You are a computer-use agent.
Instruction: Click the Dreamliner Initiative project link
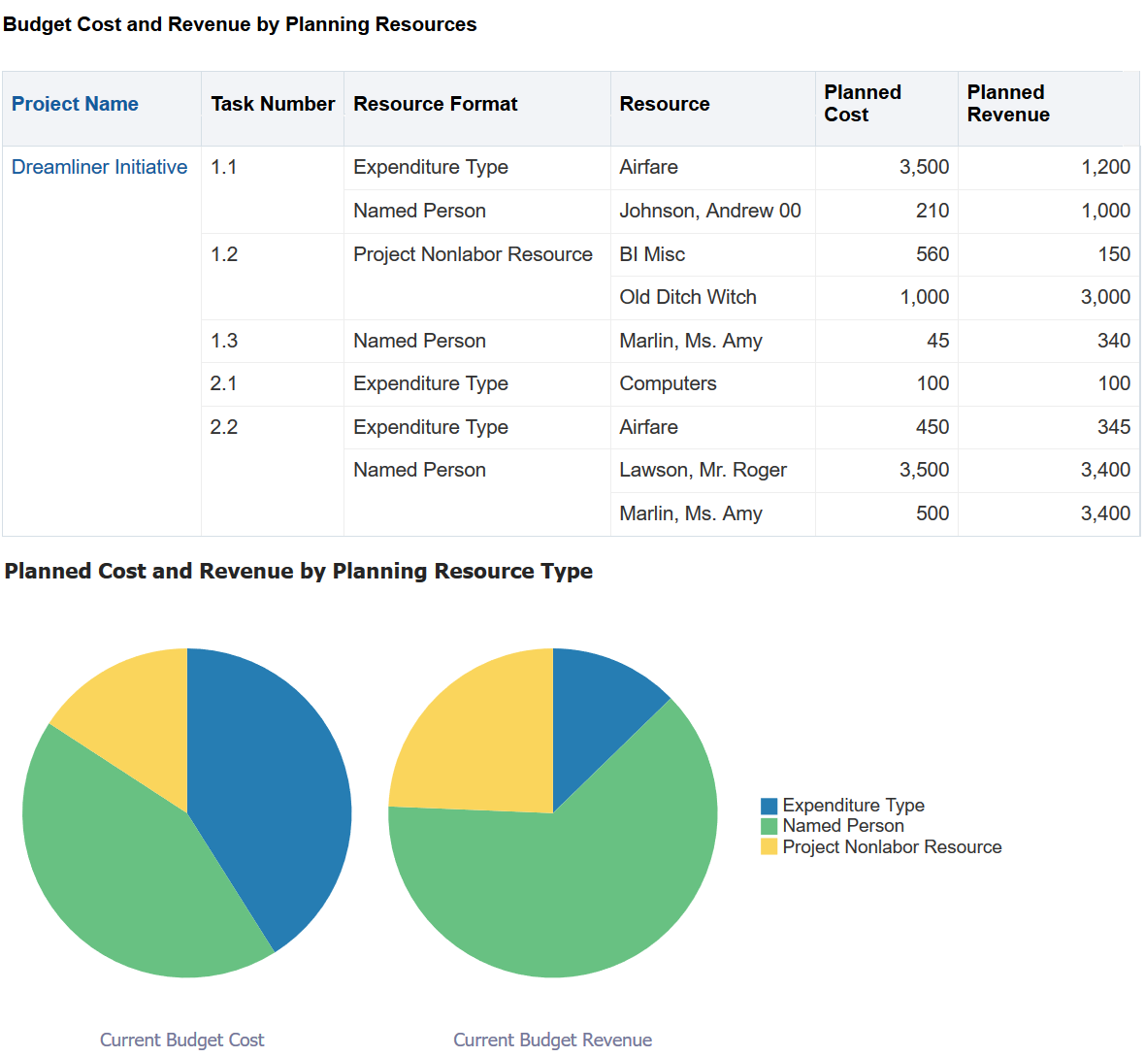99,167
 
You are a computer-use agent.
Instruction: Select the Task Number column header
273,104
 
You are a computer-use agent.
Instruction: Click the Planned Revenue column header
1008,104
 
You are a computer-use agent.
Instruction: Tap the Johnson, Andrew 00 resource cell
710,211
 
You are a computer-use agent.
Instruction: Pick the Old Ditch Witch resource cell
688,297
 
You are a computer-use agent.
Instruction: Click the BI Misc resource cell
652,254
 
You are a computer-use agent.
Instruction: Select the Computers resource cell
668,383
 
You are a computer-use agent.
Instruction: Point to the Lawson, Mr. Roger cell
703,470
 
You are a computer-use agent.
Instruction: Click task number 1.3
224,341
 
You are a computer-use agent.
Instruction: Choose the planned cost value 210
932,211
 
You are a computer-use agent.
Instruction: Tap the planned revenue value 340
1114,341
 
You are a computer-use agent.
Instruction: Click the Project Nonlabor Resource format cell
473,254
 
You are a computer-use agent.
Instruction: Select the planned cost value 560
932,254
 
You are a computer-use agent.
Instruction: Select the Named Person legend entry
843,826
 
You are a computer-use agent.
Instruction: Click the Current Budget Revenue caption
552,1040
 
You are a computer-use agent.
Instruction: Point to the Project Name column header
75,104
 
